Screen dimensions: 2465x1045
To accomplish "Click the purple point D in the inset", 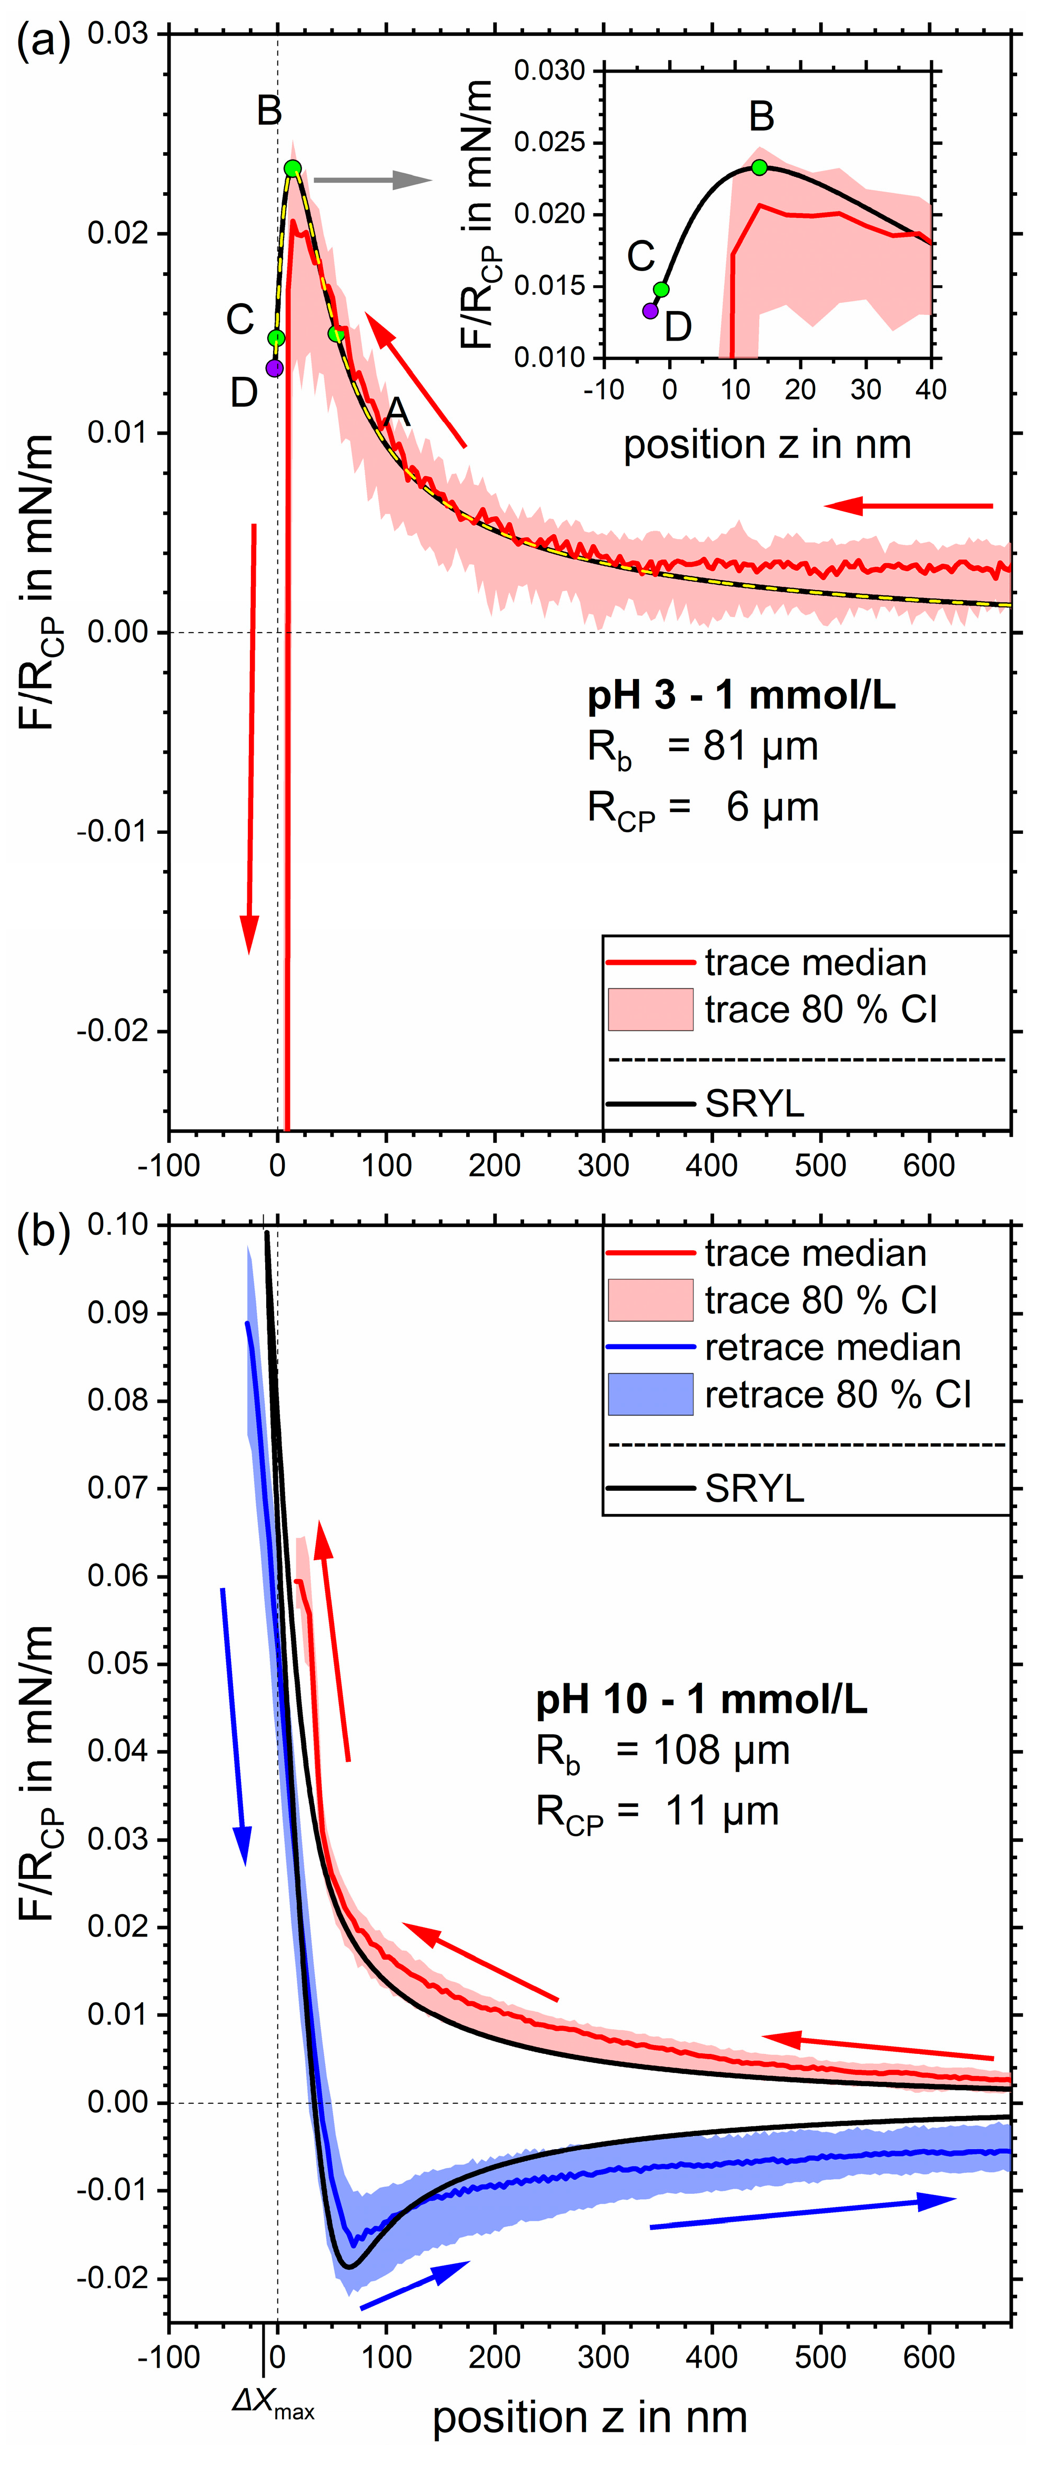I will point(651,310).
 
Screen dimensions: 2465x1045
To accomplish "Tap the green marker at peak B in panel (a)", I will point(293,168).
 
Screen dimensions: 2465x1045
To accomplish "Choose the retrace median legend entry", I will point(832,1348).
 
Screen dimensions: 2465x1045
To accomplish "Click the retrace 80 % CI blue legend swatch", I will point(651,1394).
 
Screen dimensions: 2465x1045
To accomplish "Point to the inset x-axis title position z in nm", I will point(768,445).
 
